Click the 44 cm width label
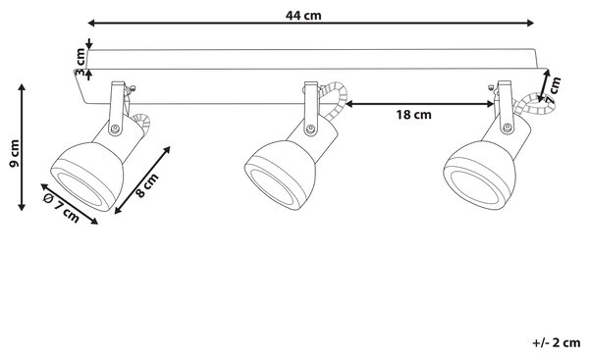(x=303, y=16)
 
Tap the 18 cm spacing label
(x=413, y=115)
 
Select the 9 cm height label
(x=15, y=154)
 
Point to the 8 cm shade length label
(x=147, y=185)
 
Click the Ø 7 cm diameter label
(x=61, y=209)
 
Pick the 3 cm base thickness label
(x=80, y=63)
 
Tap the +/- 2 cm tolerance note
(x=557, y=342)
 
